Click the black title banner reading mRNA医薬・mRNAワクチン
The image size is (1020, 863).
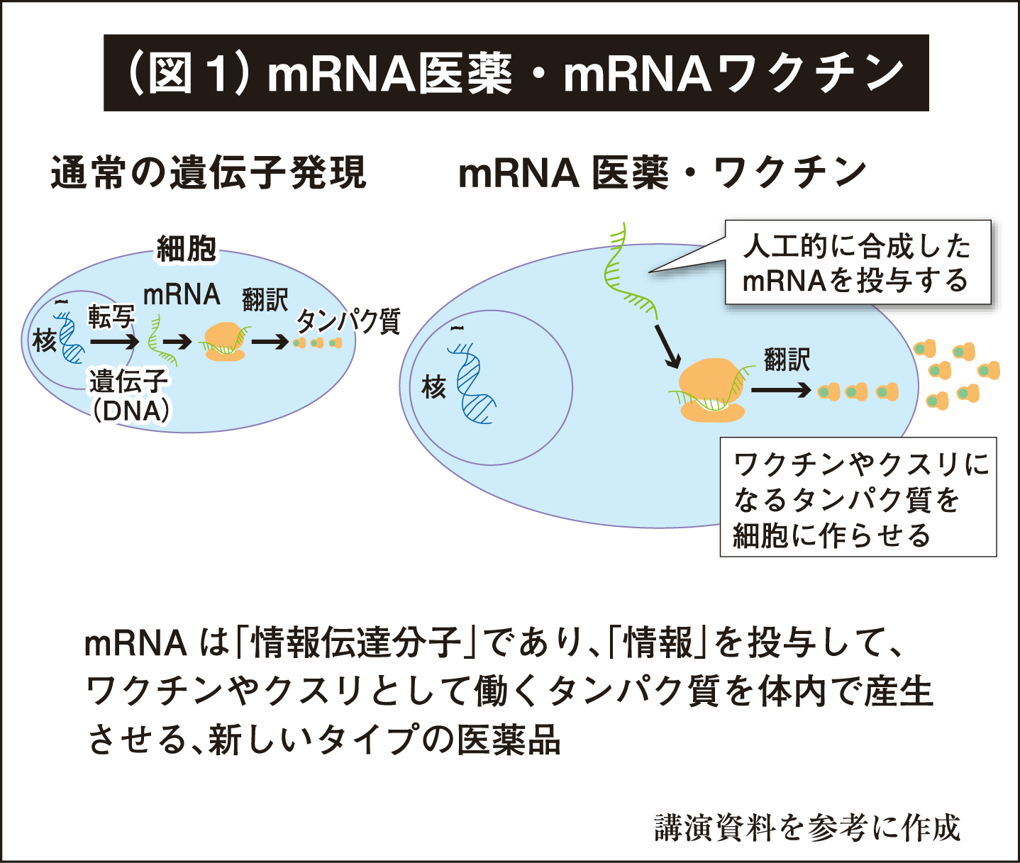pos(516,73)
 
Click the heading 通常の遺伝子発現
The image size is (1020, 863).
pos(208,173)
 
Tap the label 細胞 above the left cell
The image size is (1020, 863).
pos(186,249)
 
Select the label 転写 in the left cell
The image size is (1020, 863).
pos(111,317)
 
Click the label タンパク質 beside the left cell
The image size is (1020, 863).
pos(348,321)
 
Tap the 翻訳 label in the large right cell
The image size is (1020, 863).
pos(787,360)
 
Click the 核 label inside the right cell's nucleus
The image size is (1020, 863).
pos(433,387)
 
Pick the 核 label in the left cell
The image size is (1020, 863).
pos(44,341)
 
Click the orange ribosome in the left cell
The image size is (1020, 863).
pos(224,342)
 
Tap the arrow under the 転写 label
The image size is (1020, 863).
pos(114,342)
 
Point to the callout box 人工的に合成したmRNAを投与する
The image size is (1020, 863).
pos(857,263)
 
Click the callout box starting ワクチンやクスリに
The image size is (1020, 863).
pos(858,498)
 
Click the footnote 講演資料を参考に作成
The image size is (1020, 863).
pos(806,828)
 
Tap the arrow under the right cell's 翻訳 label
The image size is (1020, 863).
pos(780,391)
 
